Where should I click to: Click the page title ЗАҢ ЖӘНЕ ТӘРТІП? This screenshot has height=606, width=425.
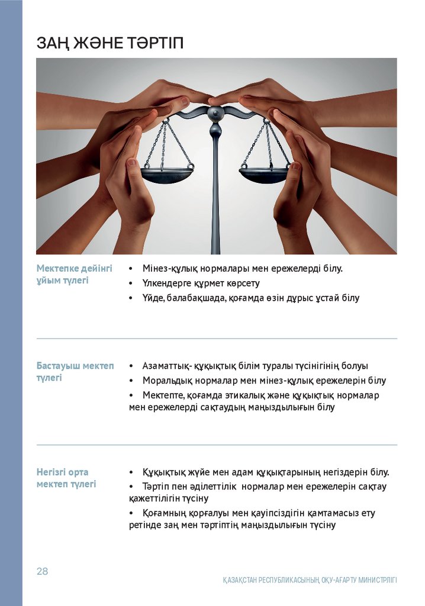tap(110, 43)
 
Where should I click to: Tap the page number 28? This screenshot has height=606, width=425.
tap(42, 571)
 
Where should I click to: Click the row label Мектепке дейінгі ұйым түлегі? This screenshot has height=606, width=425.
tap(74, 274)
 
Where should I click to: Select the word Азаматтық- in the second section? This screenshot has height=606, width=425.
tap(165, 366)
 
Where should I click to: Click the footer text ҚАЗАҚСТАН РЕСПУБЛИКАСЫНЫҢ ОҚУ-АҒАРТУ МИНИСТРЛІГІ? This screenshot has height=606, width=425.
tap(310, 580)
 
